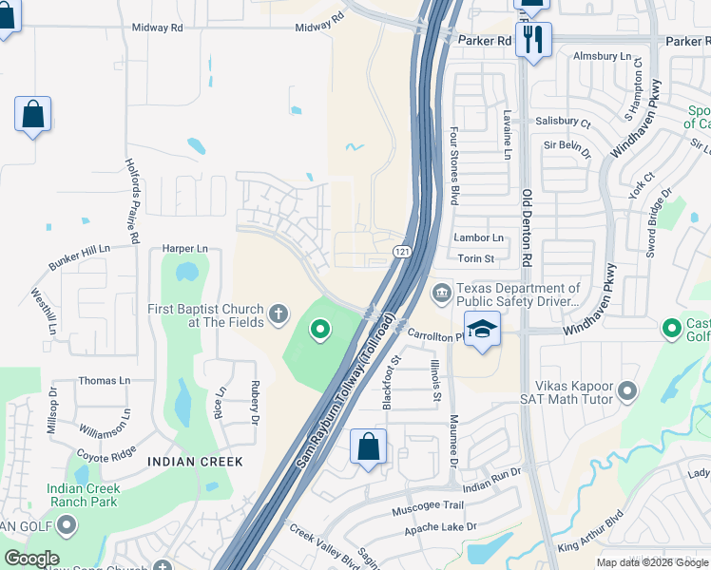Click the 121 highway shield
(402, 249)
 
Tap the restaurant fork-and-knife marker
(532, 39)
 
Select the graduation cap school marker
(483, 330)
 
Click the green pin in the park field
(321, 330)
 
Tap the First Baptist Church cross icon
(279, 313)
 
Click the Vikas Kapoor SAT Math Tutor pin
(626, 390)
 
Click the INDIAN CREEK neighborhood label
(196, 462)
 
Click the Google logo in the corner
(30, 559)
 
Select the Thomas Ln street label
(104, 380)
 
